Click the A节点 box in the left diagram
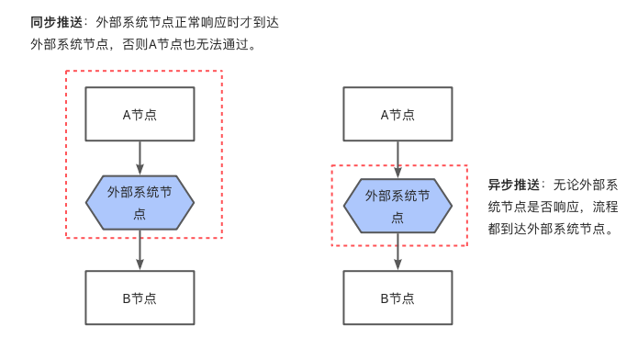coord(140,114)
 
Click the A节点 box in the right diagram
coord(397,114)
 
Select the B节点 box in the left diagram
coord(140,298)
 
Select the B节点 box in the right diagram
coord(397,298)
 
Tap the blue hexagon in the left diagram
coord(140,203)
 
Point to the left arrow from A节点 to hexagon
coord(140,156)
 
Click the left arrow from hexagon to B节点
coord(140,250)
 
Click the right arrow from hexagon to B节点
coord(397,252)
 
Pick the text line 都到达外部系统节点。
coord(550,229)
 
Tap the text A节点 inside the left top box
coord(140,115)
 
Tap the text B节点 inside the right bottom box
coord(397,298)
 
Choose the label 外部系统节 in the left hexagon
coord(140,193)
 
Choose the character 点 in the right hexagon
coord(397,218)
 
